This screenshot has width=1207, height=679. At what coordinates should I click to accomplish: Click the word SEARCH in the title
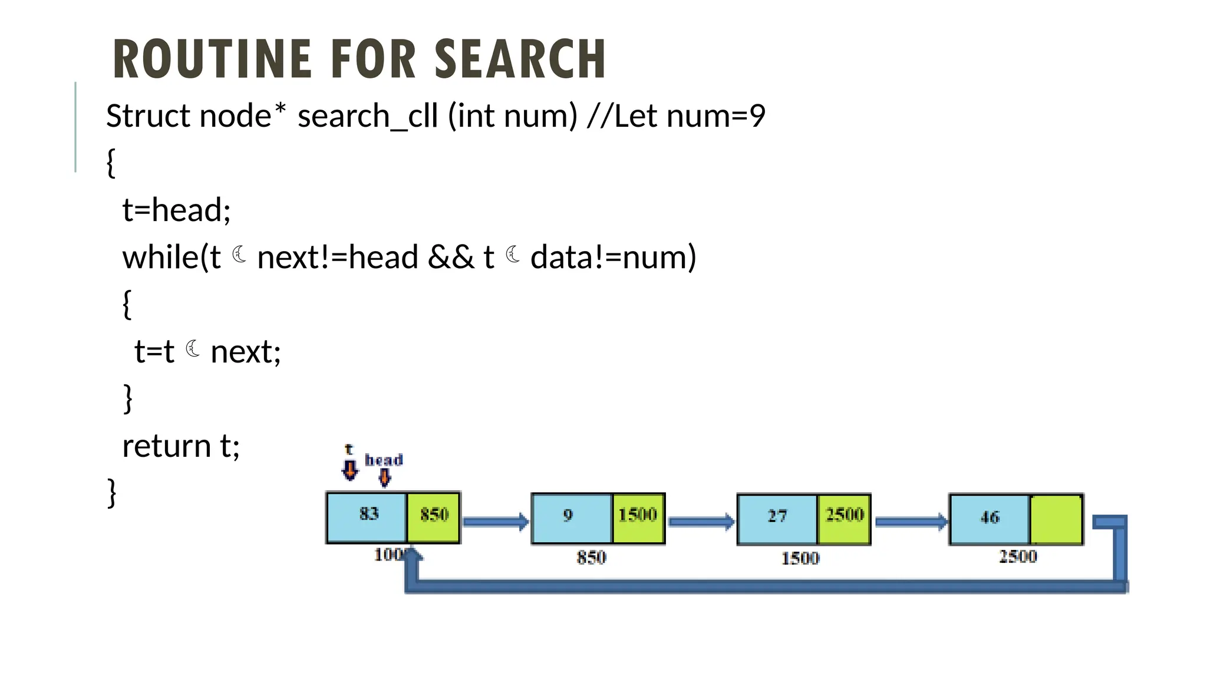(520, 59)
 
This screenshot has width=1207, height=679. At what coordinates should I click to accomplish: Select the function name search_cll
(368, 116)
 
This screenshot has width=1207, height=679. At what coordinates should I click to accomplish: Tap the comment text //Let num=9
(676, 116)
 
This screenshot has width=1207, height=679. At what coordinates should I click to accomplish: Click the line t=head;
(176, 210)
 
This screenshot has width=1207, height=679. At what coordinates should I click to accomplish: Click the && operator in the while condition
(451, 258)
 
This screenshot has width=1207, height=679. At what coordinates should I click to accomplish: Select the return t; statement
(181, 446)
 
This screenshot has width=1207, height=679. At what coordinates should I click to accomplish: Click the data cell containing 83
(367, 516)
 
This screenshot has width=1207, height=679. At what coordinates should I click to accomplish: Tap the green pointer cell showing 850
(434, 516)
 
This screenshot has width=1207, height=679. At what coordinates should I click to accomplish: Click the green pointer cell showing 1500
(638, 518)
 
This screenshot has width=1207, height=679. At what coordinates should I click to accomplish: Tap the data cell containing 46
(990, 519)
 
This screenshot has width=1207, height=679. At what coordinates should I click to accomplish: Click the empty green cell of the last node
(1056, 519)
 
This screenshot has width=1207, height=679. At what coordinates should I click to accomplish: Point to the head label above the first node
(384, 460)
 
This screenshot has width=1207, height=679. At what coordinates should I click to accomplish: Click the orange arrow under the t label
(350, 470)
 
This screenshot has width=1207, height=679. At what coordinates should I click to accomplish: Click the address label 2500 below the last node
(1018, 556)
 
